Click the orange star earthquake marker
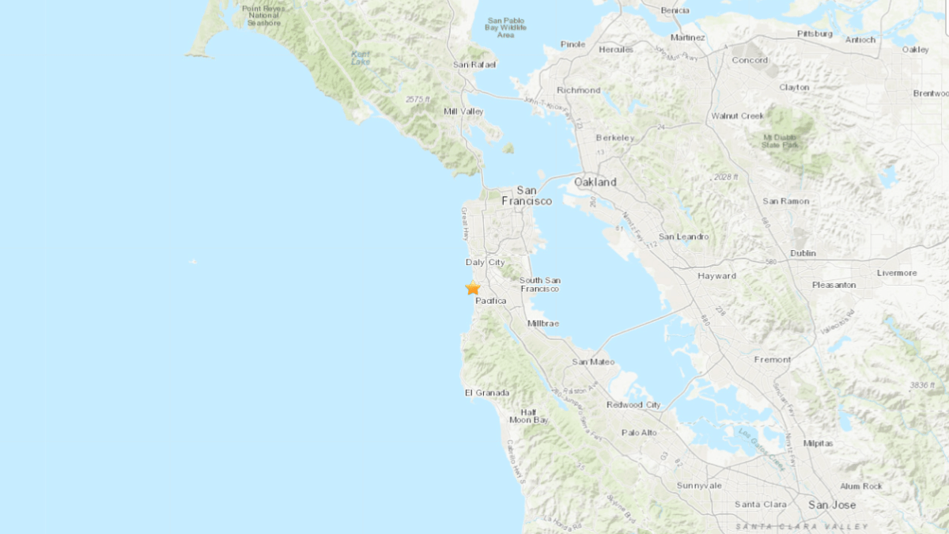pos(473,288)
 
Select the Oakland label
pos(595,182)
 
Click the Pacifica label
pos(490,301)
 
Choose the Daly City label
pos(485,262)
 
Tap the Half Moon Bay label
pos(529,415)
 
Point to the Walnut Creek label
pos(737,116)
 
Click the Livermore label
pos(897,273)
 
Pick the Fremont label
pos(772,359)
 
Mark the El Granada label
pos(487,392)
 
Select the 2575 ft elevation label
pos(417,99)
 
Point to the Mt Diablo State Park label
pos(781,140)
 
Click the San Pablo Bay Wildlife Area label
pos(506,28)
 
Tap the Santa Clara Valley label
pos(801,526)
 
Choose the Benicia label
pos(675,10)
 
